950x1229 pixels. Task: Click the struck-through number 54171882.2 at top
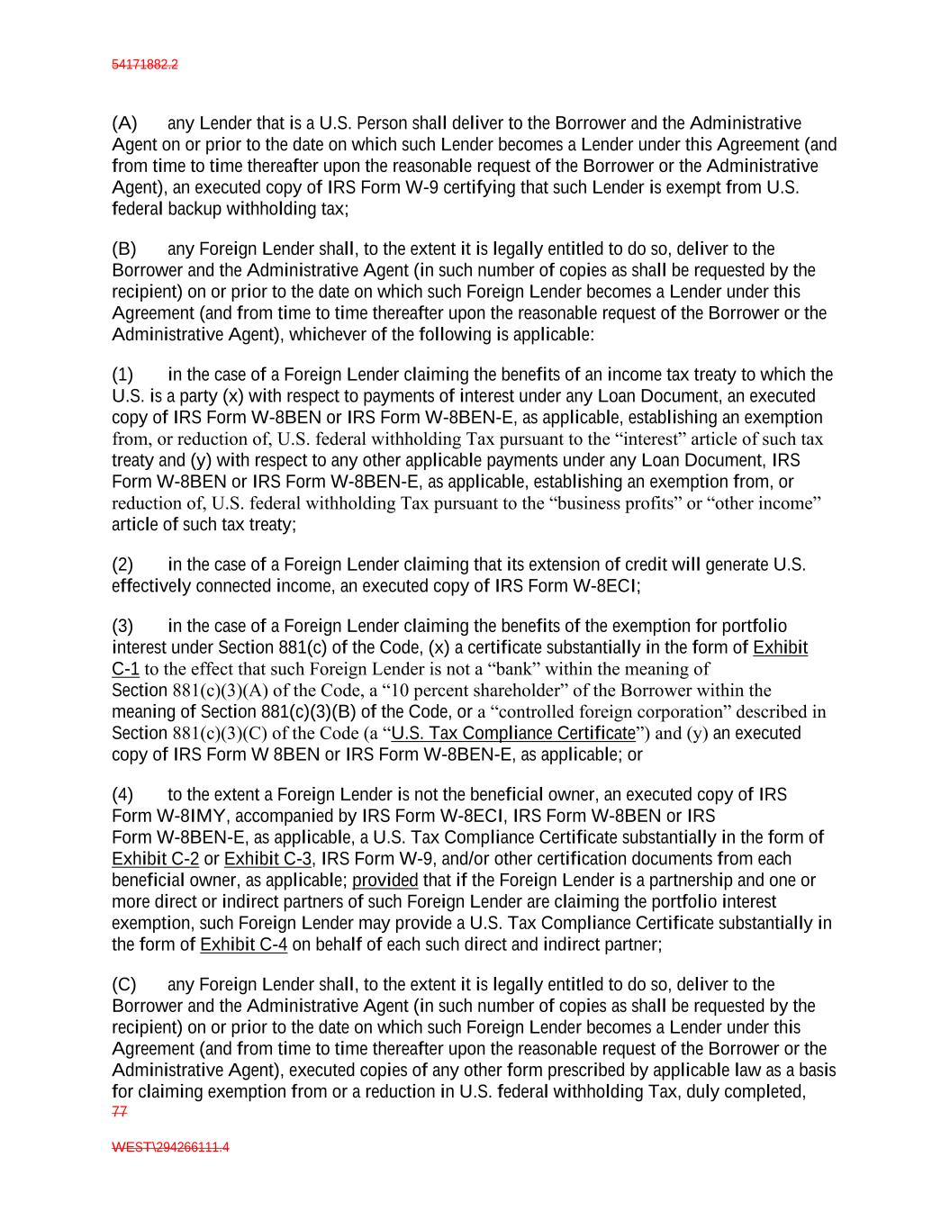[145, 65]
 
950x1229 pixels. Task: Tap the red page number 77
[120, 1112]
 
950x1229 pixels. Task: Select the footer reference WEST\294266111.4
[170, 1148]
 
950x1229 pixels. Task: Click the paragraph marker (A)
[124, 123]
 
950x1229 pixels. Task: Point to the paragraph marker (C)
[124, 985]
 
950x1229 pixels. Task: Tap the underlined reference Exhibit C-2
[155, 859]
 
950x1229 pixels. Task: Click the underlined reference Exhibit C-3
[267, 859]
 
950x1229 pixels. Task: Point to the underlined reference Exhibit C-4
[243, 945]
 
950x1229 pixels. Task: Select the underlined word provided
[385, 881]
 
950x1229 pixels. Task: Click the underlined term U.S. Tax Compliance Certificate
[513, 734]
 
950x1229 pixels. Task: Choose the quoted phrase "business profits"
[615, 503]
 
